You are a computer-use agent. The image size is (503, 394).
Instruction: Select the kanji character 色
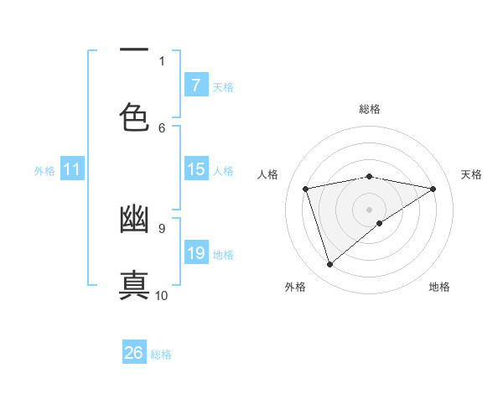click(x=134, y=117)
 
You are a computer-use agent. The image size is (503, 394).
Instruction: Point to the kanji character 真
click(x=134, y=284)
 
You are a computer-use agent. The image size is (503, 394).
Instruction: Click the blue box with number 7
click(x=195, y=85)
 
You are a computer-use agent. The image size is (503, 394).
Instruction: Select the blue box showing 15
click(x=195, y=169)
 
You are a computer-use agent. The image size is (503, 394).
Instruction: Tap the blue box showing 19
click(x=195, y=253)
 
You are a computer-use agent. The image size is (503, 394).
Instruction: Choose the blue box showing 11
click(x=72, y=169)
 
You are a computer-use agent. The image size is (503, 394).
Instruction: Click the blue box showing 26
click(x=134, y=353)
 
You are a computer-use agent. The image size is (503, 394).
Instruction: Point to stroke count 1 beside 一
click(x=162, y=60)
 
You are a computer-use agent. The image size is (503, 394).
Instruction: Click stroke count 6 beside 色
click(x=162, y=127)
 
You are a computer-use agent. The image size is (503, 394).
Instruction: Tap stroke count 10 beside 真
click(x=162, y=295)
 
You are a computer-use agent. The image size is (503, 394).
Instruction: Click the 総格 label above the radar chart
click(x=370, y=109)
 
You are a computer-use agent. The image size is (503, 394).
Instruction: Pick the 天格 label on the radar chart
click(x=471, y=174)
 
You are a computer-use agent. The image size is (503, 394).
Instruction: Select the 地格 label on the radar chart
click(x=439, y=287)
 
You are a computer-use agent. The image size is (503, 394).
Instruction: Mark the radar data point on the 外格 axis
click(x=329, y=265)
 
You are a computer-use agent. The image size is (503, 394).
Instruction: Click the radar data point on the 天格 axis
click(x=433, y=189)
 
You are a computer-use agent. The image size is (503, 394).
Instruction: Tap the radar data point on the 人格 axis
click(x=306, y=189)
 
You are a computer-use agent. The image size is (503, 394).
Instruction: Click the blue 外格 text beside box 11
click(x=44, y=170)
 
